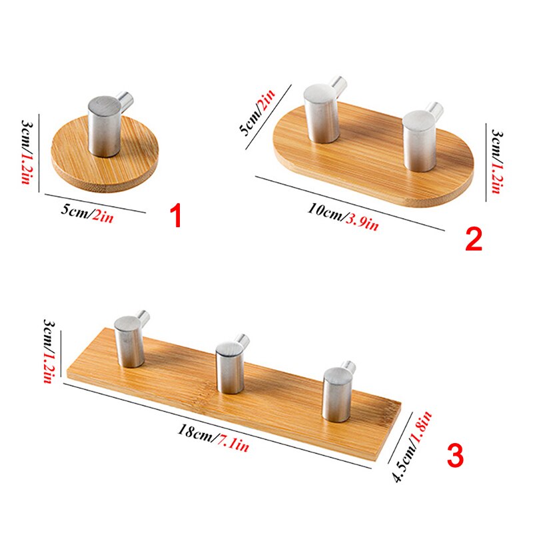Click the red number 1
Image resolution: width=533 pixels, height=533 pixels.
tap(176, 217)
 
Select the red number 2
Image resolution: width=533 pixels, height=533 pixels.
tap(473, 239)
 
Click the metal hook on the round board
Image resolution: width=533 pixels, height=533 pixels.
tap(105, 125)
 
